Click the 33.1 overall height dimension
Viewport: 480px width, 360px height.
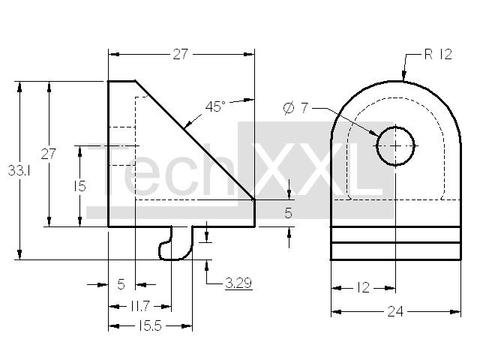pyautogui.click(x=19, y=170)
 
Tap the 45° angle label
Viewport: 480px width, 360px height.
pyautogui.click(x=215, y=106)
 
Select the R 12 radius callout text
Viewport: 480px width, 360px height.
pyautogui.click(x=438, y=55)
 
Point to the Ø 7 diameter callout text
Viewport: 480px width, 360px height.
pyautogui.click(x=295, y=108)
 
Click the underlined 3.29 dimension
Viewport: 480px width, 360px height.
pyautogui.click(x=238, y=283)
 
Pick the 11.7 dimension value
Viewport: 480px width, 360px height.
pyautogui.click(x=139, y=306)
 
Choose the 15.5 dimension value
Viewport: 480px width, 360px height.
pyautogui.click(x=149, y=326)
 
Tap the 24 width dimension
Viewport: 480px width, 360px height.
pyautogui.click(x=395, y=312)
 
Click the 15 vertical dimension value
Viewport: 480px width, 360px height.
pyautogui.click(x=79, y=186)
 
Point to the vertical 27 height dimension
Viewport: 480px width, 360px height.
pyautogui.click(x=48, y=154)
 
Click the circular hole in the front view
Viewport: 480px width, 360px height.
pyautogui.click(x=395, y=146)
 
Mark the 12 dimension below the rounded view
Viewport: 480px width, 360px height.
pyautogui.click(x=363, y=288)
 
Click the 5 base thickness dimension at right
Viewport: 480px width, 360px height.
pyautogui.click(x=288, y=213)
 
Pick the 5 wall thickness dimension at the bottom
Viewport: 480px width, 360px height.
pyautogui.click(x=121, y=284)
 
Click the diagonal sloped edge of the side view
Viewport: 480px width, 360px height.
pyautogui.click(x=195, y=140)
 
